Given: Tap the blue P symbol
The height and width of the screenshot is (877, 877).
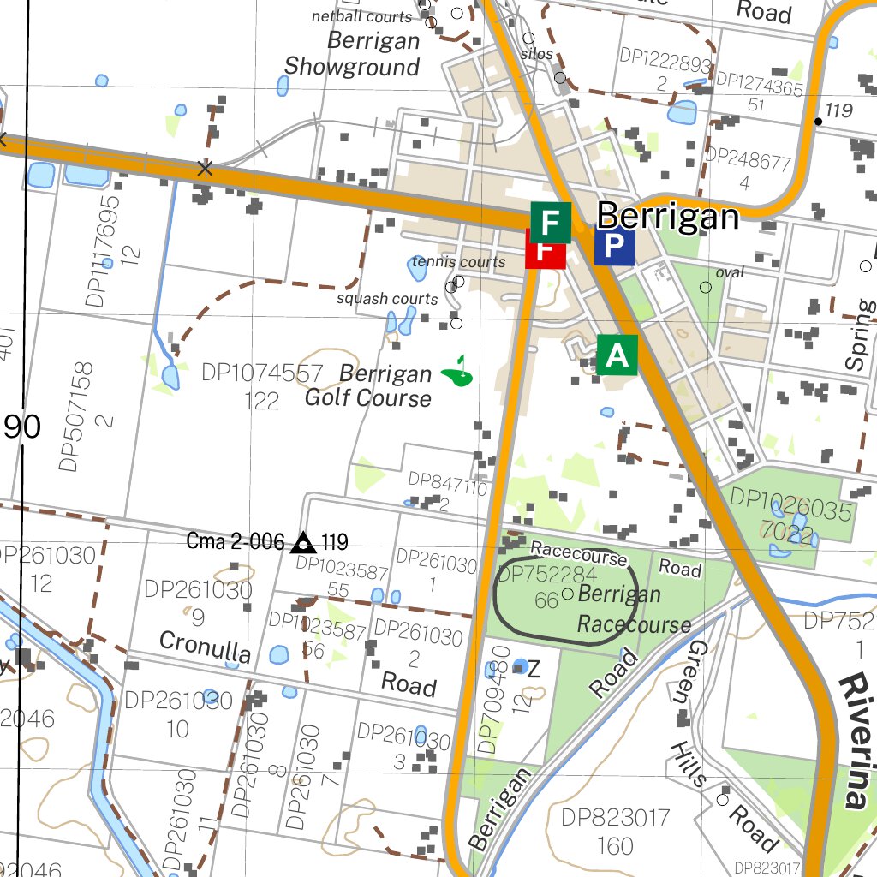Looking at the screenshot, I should [x=614, y=247].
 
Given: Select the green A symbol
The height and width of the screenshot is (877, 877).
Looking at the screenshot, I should [x=617, y=355].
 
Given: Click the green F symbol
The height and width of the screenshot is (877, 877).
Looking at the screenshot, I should [x=550, y=221].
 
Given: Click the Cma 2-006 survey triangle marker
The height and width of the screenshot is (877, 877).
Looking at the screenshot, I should [x=301, y=543].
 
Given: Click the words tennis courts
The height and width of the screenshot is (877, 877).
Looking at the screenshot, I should [x=458, y=261].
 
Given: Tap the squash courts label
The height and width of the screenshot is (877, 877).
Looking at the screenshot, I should [x=387, y=299].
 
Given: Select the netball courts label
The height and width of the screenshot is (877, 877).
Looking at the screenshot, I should [x=361, y=16].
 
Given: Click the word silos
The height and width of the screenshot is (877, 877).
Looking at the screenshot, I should [x=536, y=54].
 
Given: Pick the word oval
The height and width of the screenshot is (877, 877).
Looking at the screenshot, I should [x=730, y=272].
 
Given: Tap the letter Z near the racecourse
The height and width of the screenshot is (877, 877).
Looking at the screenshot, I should [x=533, y=669].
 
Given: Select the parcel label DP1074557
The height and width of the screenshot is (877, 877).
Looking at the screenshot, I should [x=262, y=373].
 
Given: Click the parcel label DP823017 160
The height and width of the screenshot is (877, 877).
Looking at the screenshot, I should [x=615, y=831].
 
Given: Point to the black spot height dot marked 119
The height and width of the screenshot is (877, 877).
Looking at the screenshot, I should [x=818, y=121].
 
